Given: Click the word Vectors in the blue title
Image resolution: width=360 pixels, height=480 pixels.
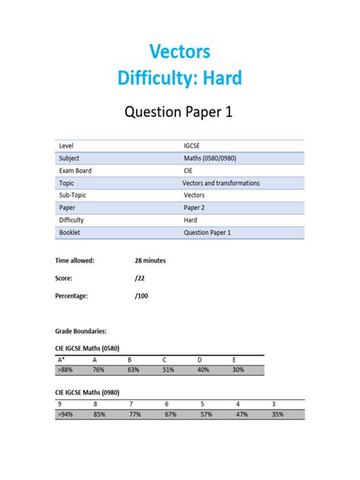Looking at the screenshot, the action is pyautogui.click(x=180, y=52).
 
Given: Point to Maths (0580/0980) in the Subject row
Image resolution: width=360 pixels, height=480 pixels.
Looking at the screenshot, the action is pyautogui.click(x=209, y=159).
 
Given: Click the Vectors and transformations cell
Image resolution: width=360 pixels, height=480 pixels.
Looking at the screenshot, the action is pyautogui.click(x=221, y=183).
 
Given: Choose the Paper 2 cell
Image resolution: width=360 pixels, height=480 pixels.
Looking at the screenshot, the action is pyautogui.click(x=194, y=207).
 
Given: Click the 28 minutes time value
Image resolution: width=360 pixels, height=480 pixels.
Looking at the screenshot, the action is pyautogui.click(x=150, y=261).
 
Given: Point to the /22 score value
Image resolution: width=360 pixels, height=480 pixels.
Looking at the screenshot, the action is pyautogui.click(x=139, y=278).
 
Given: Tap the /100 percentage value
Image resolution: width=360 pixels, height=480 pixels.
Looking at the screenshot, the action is pyautogui.click(x=141, y=295).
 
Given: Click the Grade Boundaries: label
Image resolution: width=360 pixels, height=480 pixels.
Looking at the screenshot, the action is pyautogui.click(x=81, y=331).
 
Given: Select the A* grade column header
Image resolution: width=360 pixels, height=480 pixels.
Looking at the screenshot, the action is pyautogui.click(x=62, y=359).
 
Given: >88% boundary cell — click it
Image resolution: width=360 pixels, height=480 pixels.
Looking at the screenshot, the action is pyautogui.click(x=65, y=370).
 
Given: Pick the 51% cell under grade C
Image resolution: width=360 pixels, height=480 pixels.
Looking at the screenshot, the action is pyautogui.click(x=168, y=370).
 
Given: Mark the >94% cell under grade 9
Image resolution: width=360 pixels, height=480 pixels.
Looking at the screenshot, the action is pyautogui.click(x=65, y=415).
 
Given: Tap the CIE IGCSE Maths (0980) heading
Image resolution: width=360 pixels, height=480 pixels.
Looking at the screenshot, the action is pyautogui.click(x=96, y=392).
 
